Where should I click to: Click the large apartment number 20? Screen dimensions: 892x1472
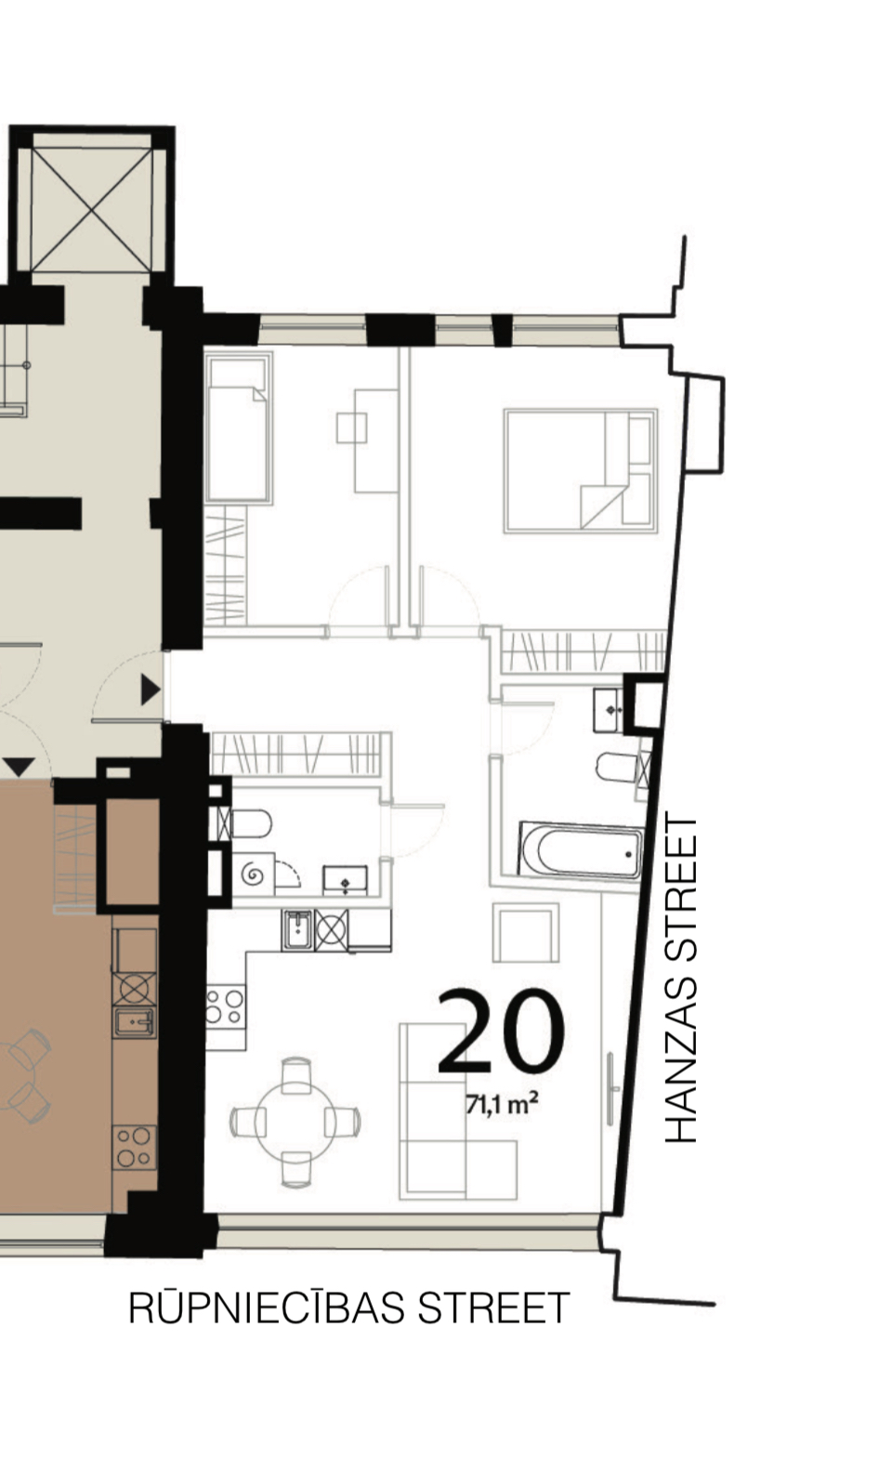pos(501,1032)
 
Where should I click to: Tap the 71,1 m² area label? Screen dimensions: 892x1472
pos(502,1104)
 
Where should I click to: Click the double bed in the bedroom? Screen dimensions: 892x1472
pos(581,470)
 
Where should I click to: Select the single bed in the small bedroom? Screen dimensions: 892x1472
pos(238,427)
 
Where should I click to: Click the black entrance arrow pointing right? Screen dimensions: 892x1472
pos(151,690)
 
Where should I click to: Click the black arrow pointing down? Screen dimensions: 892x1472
pos(20,767)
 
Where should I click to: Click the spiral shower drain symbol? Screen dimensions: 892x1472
pos(254,874)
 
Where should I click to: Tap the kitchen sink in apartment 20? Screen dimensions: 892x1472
pos(298,930)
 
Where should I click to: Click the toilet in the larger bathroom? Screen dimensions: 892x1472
pos(618,767)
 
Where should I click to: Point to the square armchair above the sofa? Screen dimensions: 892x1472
pos(526,932)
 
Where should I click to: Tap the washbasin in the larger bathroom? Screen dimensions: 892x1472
pos(609,710)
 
